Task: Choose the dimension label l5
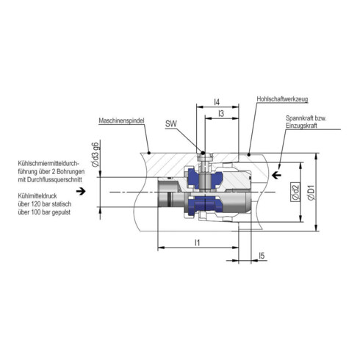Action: click(262, 256)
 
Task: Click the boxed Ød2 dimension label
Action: click(292, 194)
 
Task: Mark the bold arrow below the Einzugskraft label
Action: click(276, 175)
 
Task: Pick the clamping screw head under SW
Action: click(205, 155)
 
